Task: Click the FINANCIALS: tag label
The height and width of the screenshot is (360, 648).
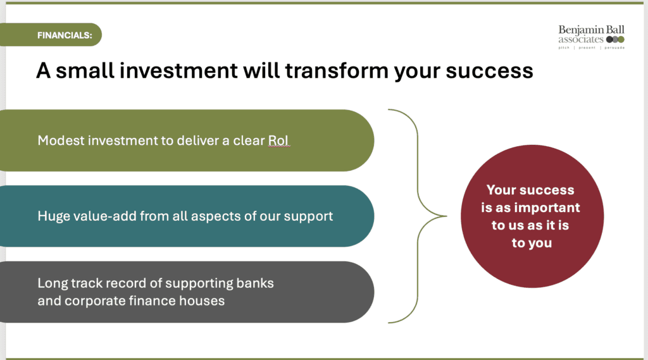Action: tap(65, 35)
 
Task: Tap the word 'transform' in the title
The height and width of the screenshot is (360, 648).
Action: tap(337, 70)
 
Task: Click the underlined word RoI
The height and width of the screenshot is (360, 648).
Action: tap(278, 140)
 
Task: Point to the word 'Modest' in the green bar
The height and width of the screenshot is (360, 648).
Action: tap(61, 140)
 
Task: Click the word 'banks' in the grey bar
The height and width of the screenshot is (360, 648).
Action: tap(255, 283)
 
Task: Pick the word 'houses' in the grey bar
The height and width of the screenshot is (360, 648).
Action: tap(202, 301)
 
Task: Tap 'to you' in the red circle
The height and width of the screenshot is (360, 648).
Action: tap(532, 243)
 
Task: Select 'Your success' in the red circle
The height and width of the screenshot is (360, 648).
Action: tap(530, 190)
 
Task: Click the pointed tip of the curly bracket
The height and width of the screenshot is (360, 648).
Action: tap(446, 216)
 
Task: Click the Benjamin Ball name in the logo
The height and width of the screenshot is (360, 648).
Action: tap(592, 30)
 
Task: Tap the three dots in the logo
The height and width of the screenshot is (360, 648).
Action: tap(615, 40)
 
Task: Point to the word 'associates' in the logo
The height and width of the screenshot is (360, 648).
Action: tap(581, 40)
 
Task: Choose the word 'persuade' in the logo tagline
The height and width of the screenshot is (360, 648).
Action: tap(614, 48)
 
